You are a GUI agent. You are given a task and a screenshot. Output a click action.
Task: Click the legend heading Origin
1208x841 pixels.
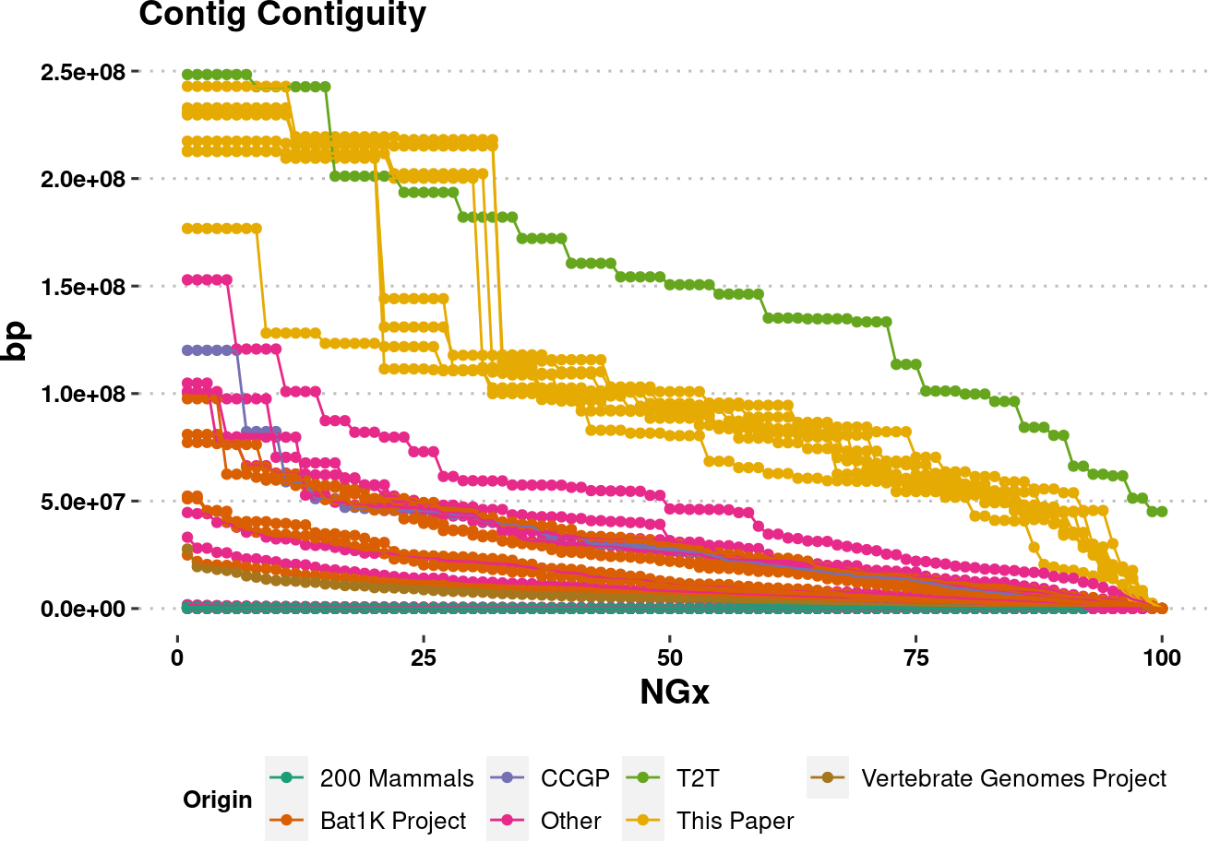[x=217, y=800]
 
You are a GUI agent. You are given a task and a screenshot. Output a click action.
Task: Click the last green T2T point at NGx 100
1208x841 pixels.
[x=1162, y=512]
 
